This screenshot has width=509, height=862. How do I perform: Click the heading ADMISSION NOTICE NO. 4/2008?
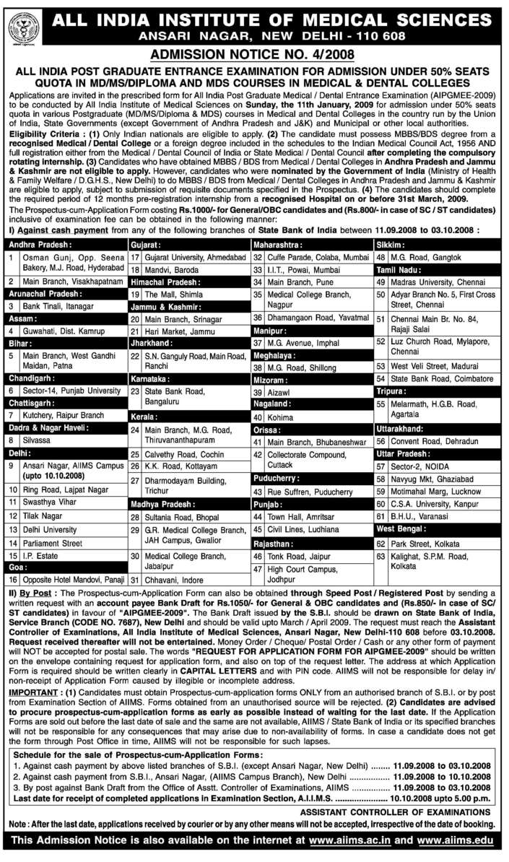[x=254, y=55]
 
